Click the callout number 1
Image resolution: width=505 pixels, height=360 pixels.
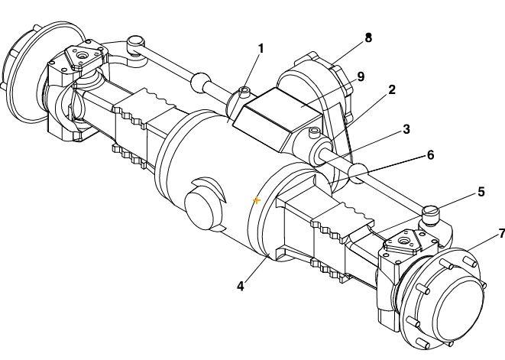pos(261,49)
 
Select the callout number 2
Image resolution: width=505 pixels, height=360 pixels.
pos(391,89)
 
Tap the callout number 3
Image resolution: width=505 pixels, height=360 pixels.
pos(406,129)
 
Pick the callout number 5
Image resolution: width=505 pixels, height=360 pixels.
pos(481,191)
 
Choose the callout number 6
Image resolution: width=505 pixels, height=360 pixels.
pos(430,154)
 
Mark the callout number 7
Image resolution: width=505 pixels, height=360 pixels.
pos(501,233)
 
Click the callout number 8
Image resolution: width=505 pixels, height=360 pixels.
pos(368,37)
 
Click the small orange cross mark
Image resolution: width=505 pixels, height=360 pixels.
pos(257,200)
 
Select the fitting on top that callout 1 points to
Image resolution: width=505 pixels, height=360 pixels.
pos(244,92)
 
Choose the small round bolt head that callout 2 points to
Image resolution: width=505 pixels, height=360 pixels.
pos(313,133)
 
